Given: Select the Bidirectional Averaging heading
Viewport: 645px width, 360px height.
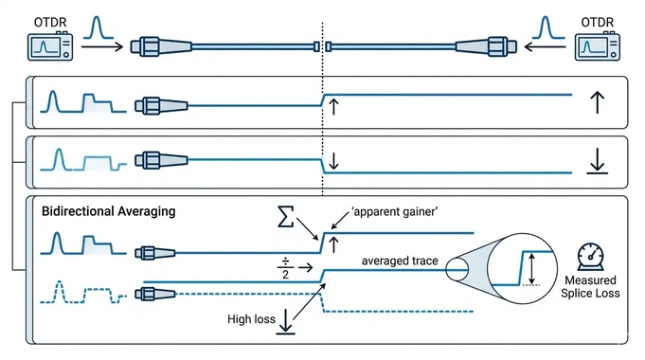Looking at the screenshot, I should pos(109,211).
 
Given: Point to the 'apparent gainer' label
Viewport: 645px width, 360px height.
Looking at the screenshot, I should pos(375,211).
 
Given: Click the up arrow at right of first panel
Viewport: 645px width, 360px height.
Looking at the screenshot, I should pos(597,102).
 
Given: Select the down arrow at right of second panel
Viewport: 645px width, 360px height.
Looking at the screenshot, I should pos(597,161).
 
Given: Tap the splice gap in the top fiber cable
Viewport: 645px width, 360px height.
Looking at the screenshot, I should pos(322,45).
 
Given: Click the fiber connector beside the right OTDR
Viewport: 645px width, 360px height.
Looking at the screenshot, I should pos(483,45).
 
